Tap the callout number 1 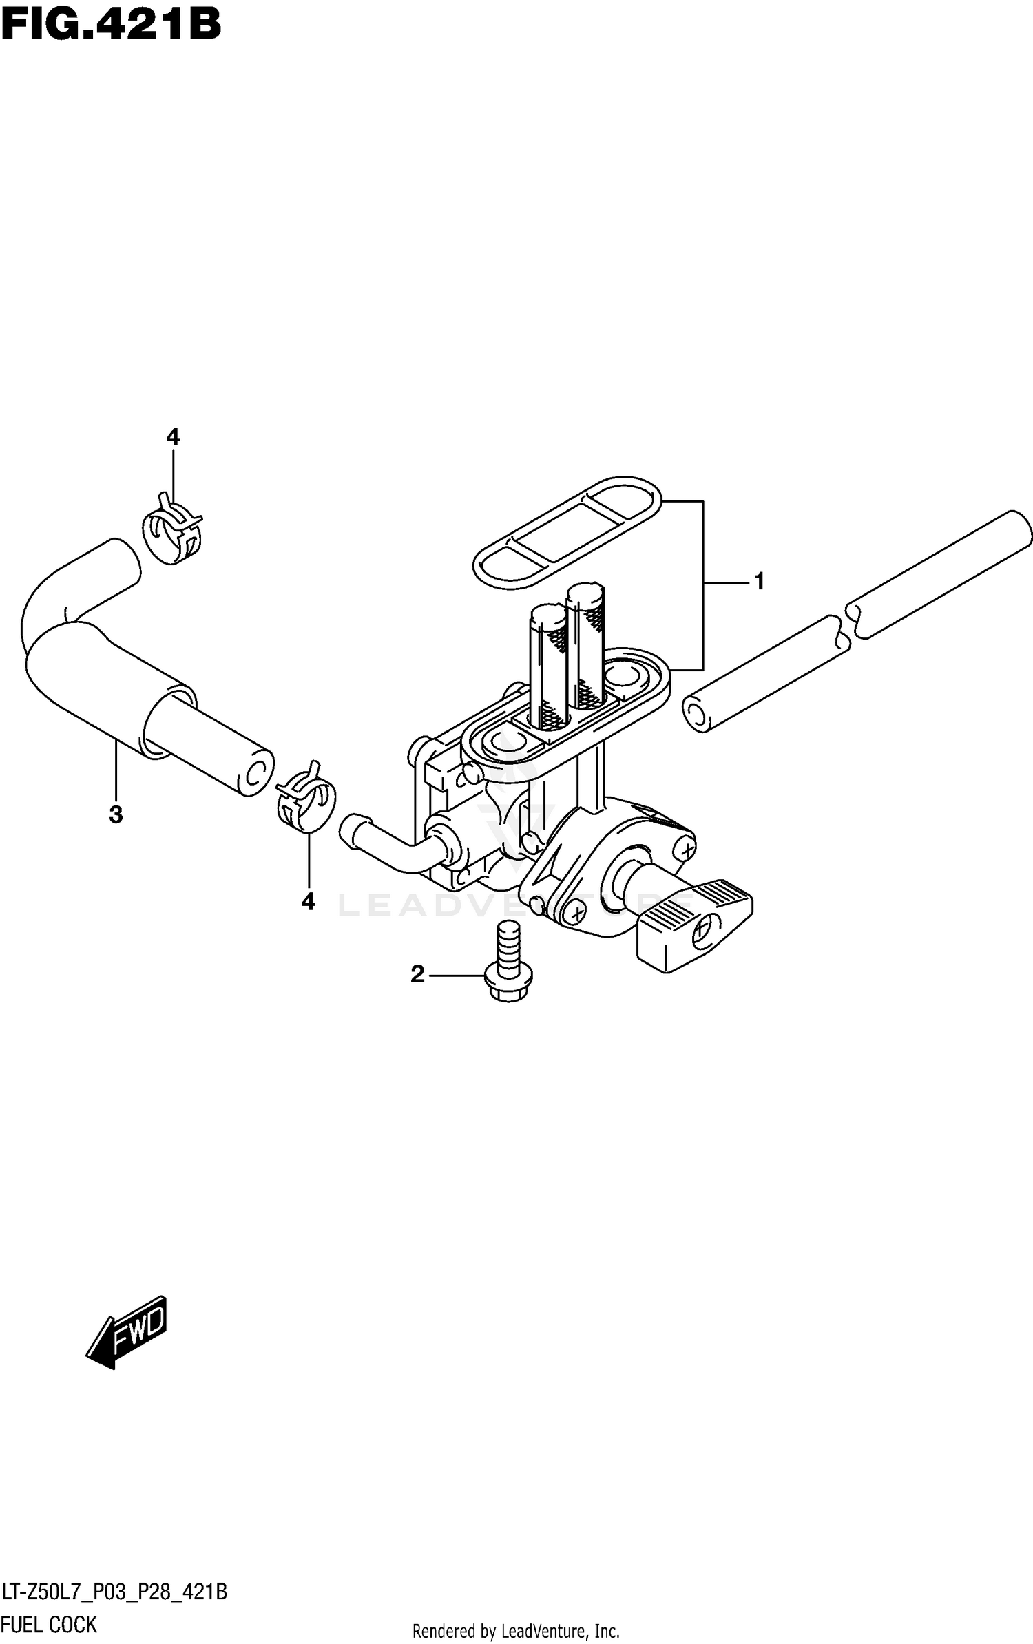point(759,582)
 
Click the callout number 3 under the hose point(116,814)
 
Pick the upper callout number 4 point(173,436)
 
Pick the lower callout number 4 point(308,901)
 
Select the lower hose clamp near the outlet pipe point(306,799)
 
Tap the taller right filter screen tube point(585,640)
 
